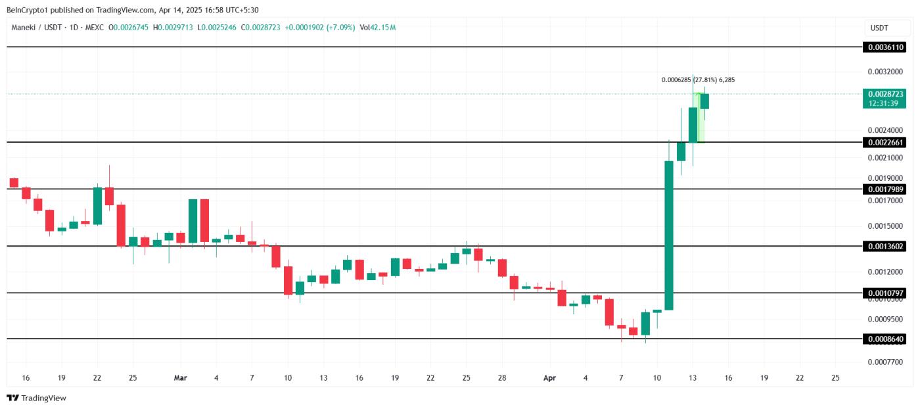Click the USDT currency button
coord(879,28)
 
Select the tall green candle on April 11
coord(669,235)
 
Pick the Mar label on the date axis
coord(181,378)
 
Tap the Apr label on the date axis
coord(550,378)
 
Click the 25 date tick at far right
coord(835,378)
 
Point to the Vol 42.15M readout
coord(377,28)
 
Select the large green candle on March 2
coord(193,222)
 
